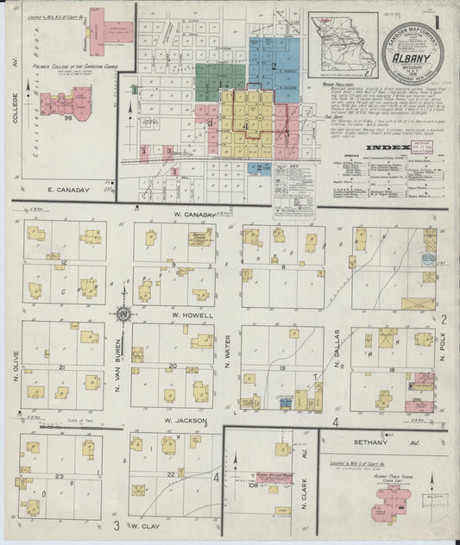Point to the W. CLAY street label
(x=147, y=523)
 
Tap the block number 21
(x=62, y=366)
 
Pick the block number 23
(x=59, y=476)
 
